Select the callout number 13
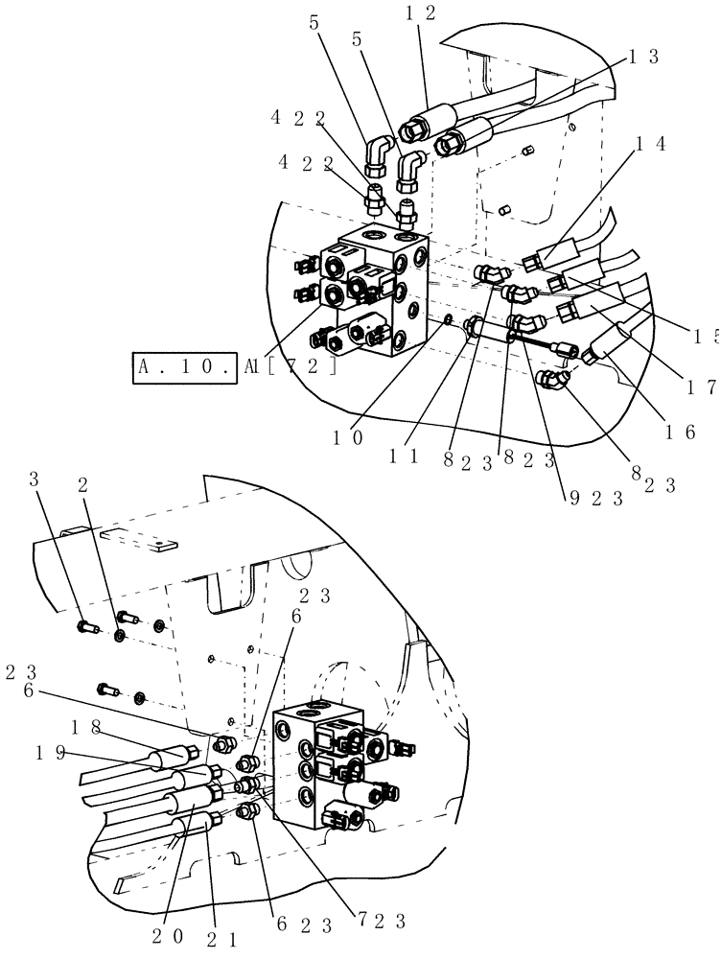click(641, 57)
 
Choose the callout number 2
click(84, 485)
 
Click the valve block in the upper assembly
click(379, 288)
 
